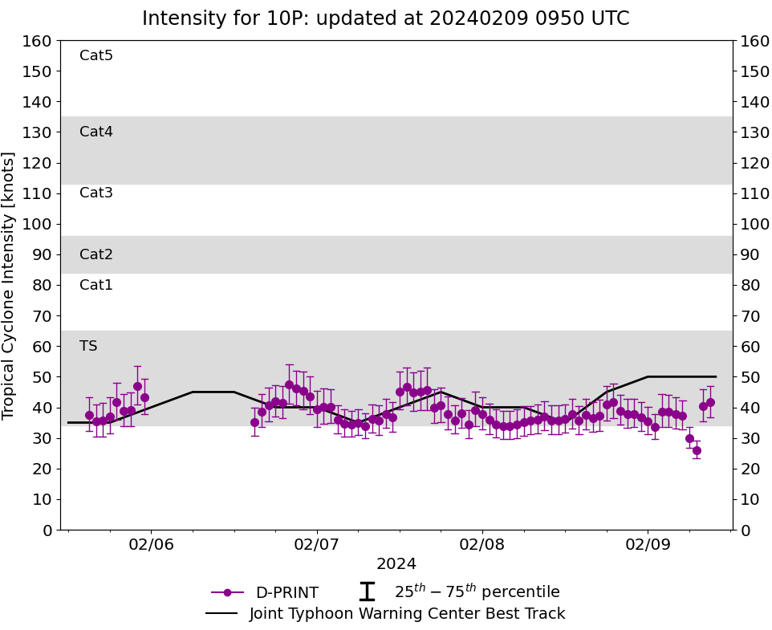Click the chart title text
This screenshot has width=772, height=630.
[x=385, y=18]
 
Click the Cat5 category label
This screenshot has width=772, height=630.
[x=96, y=55]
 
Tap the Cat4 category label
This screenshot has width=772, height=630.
[x=96, y=132]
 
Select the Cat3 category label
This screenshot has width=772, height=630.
[x=96, y=193]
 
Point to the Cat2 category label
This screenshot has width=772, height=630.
[x=96, y=254]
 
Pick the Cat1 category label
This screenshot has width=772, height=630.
[x=96, y=285]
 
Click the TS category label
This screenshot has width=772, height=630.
[x=88, y=346]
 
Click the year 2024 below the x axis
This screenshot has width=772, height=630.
[x=396, y=564]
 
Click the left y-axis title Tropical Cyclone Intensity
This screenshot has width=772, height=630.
[x=10, y=285]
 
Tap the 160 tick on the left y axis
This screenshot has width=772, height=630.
[x=38, y=41]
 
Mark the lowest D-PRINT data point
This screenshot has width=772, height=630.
[x=697, y=450]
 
